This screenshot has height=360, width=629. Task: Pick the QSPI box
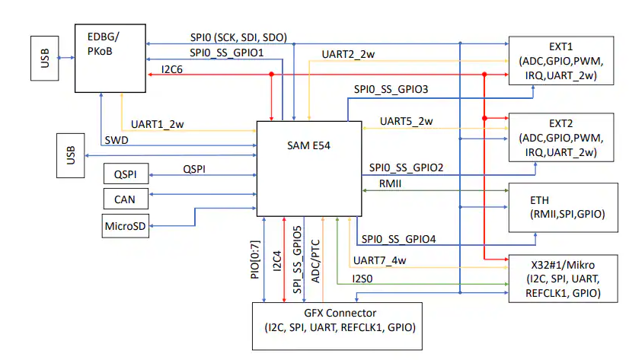coord(126,174)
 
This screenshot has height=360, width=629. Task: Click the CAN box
coord(126,199)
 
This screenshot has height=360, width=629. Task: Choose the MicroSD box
coord(126,225)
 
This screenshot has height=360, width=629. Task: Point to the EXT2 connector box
coord(560,137)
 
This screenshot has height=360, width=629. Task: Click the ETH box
coord(560,208)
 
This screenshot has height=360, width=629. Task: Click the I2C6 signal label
coord(177,69)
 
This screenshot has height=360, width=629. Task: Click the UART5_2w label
coord(406,121)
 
